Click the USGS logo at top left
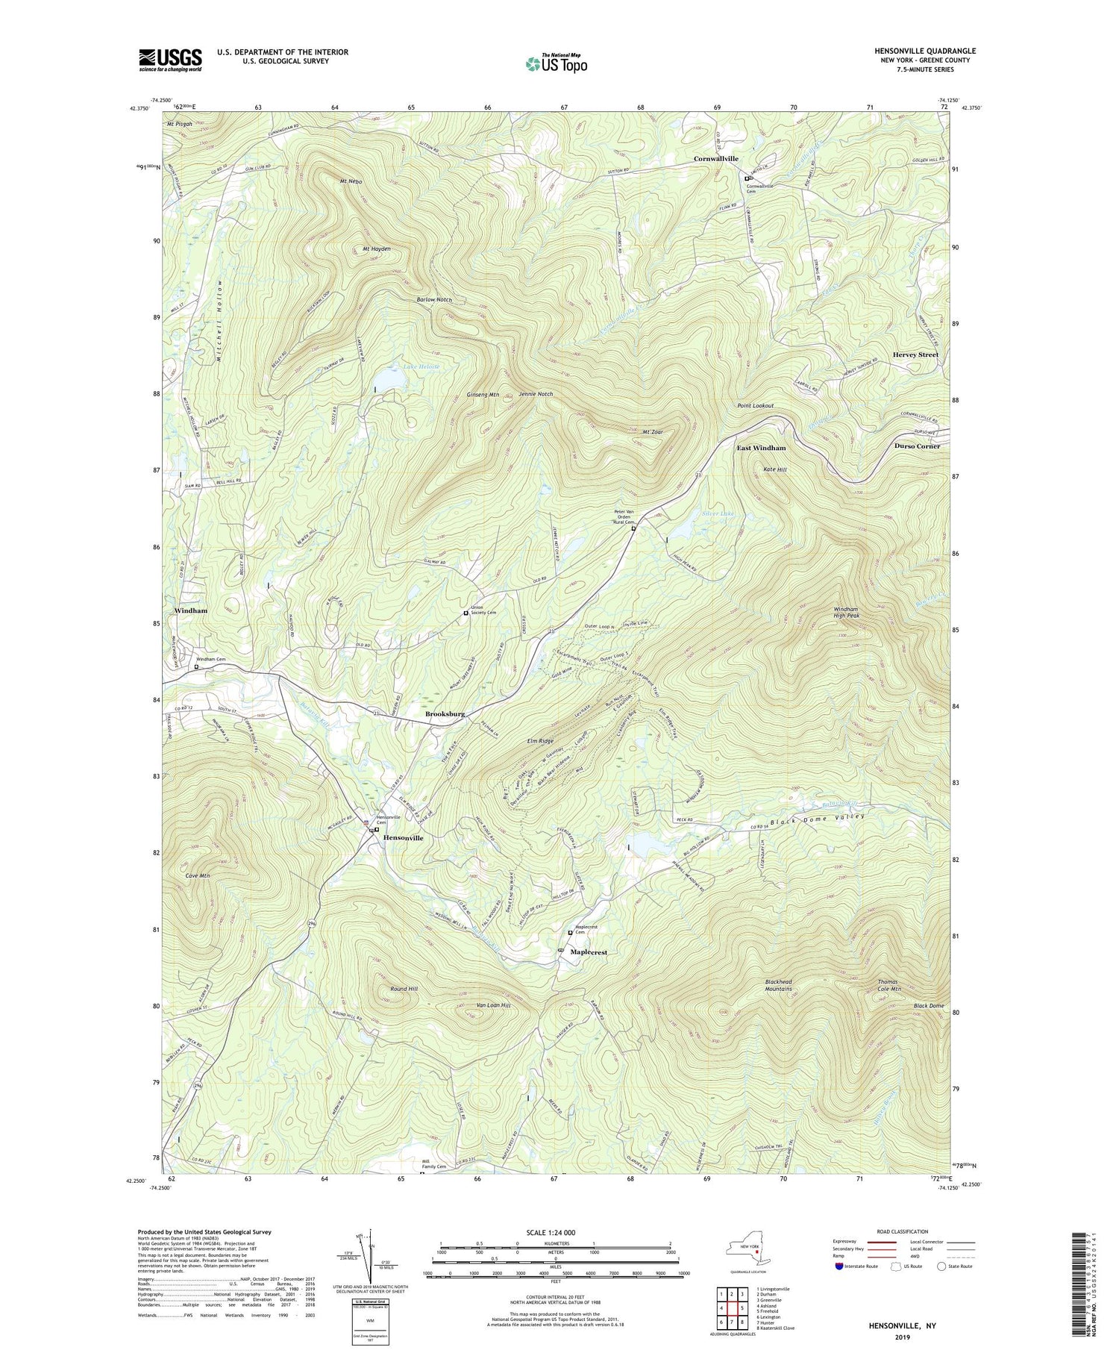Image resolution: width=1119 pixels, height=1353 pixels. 170,60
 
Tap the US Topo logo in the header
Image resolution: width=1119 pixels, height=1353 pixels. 556,64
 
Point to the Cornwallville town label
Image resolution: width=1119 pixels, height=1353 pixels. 715,159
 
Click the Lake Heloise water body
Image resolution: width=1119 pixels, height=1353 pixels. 389,381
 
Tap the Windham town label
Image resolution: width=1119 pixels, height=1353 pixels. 191,610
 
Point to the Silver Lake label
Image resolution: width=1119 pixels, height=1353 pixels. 718,514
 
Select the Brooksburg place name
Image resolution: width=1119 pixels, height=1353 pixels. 445,714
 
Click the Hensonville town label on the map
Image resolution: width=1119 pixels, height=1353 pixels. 403,838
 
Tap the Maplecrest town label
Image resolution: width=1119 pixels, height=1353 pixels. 589,952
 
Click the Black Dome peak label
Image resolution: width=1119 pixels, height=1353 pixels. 929,1006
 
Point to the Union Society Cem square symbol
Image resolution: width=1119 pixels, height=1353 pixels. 466,613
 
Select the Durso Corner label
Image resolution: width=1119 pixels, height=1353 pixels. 917,446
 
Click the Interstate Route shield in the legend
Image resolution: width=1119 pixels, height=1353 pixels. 839,1266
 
